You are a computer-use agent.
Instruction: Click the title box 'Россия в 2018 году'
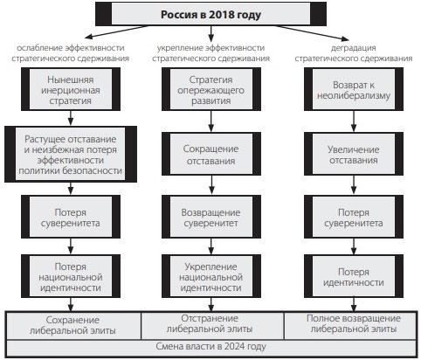[x=210, y=14]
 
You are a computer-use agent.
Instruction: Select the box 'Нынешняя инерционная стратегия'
[x=71, y=89]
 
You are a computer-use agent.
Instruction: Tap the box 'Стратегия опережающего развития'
[x=211, y=89]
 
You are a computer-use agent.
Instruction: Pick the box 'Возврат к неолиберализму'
[x=354, y=89]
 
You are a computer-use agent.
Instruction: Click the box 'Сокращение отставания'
[x=211, y=154]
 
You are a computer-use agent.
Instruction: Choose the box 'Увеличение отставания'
[x=354, y=154]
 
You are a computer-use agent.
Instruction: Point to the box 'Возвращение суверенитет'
[x=211, y=217]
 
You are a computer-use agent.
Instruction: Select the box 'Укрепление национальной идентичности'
[x=211, y=276]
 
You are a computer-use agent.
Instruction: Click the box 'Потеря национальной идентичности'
[x=71, y=276]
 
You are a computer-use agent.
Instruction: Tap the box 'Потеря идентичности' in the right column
[x=354, y=276]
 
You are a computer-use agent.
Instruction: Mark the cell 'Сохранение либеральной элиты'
[x=73, y=325]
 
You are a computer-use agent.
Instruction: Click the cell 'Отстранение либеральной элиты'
[x=212, y=325]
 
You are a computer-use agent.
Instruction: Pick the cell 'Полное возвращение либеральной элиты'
[x=350, y=325]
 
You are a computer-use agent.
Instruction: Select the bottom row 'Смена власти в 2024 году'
[x=211, y=347]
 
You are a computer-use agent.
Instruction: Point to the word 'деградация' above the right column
[x=353, y=47]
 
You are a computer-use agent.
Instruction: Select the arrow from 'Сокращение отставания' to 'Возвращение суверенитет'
[x=211, y=185]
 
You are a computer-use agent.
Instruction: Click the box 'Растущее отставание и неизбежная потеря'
[x=71, y=155]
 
